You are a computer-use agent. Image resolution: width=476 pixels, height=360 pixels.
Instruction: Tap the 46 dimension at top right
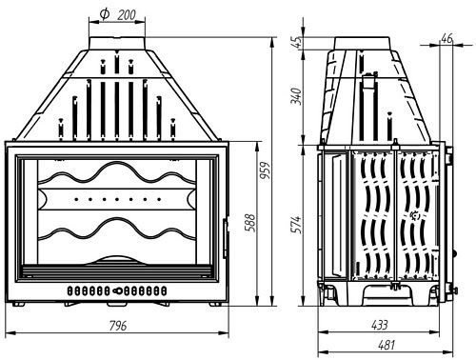coord(447,38)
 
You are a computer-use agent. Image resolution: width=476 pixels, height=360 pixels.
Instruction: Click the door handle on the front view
coord(226,233)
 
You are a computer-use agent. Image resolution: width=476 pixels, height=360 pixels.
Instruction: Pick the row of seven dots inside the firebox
coord(118,200)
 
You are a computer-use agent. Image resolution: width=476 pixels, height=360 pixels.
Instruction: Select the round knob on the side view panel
coord(413,216)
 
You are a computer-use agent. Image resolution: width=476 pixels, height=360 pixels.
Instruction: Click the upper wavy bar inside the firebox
coord(118,177)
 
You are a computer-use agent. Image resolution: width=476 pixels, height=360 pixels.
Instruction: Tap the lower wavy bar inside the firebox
coord(118,233)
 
